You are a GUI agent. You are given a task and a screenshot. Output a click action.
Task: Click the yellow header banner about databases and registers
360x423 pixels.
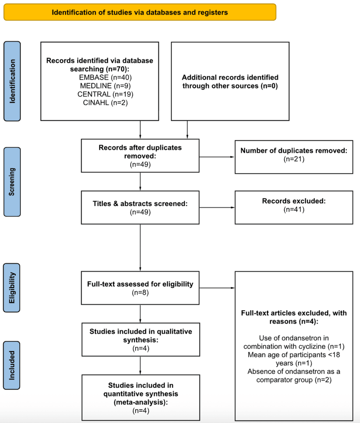coord(140,12)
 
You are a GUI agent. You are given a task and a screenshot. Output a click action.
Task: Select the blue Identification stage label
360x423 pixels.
coord(12,81)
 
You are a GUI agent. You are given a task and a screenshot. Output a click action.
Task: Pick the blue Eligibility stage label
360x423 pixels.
coord(12,287)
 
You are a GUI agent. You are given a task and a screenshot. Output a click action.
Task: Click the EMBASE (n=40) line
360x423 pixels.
coord(105,77)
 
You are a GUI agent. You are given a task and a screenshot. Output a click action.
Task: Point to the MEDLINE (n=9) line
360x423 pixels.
coord(105,86)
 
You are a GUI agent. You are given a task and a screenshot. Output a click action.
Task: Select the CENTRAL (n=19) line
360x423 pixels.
coord(105,94)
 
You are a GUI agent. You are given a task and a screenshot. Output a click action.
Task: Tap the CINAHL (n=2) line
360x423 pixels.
coord(105,103)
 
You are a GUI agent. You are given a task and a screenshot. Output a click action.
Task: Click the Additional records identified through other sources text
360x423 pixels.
coord(230,82)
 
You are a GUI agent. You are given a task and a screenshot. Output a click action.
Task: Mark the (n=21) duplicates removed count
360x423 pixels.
coord(294,159)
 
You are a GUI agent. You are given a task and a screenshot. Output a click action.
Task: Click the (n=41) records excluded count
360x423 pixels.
coord(294,209)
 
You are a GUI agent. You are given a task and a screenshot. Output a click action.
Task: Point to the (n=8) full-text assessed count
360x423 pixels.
coord(140,292)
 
